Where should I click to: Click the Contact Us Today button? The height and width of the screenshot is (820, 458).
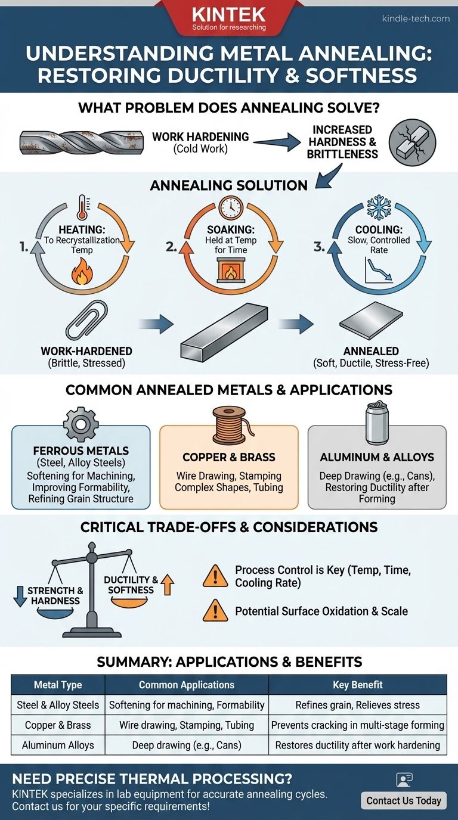[x=404, y=800]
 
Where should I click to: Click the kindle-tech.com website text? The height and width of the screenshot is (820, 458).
[x=416, y=18]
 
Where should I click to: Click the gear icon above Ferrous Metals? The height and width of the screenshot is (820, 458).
[x=81, y=424]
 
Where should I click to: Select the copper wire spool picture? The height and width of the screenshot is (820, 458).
[x=228, y=424]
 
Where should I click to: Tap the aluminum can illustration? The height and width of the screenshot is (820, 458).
[x=377, y=423]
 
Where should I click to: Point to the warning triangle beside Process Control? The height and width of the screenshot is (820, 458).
[x=215, y=576]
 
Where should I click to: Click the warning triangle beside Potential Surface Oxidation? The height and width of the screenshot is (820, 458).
[x=215, y=611]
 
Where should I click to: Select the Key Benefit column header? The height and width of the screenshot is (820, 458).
[x=358, y=685]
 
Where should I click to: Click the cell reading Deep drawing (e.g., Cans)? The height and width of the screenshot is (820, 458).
[x=187, y=745]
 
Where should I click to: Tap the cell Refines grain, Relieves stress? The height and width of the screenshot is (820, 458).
[x=358, y=705]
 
